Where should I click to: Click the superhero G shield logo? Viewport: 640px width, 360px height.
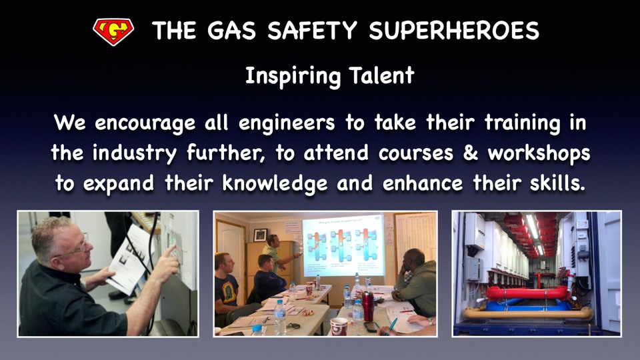point(113,31)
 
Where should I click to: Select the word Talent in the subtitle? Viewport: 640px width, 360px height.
point(381,75)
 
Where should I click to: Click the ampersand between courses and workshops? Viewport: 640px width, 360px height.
point(470,153)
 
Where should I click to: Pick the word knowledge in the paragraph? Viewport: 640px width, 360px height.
point(275,184)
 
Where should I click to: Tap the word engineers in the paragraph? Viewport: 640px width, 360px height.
point(287,123)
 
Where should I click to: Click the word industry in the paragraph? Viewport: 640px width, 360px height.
point(134,154)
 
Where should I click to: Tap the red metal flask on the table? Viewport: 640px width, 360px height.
point(368,307)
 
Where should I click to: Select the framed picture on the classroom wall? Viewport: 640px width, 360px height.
point(260,235)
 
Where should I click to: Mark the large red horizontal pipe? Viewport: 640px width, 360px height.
point(527,293)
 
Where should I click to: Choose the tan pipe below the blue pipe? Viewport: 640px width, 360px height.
point(527,313)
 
